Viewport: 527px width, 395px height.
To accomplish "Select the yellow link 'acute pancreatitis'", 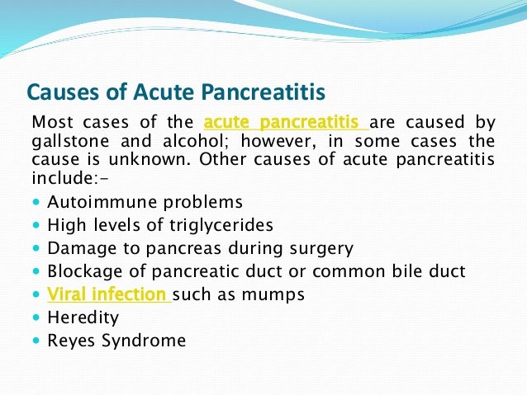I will pos(286,123).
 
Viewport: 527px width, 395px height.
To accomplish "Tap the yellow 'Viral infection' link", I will pos(108,294).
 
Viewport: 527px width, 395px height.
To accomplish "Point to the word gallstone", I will pos(67,140).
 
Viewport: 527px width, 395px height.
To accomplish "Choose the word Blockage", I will pos(85,271).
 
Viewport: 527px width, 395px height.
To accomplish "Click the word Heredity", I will pos(83,317).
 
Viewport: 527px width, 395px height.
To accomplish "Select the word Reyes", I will pos(70,341).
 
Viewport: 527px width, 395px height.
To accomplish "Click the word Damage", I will pos(79,248).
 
